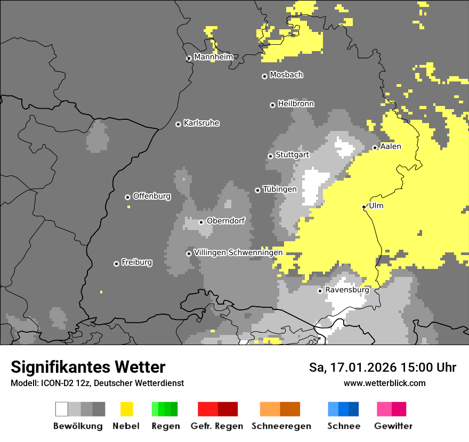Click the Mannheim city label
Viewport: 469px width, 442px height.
pos(213,57)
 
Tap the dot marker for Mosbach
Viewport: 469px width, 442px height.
pos(264,76)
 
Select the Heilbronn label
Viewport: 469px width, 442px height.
pos(296,104)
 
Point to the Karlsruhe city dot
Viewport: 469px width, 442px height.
pos(178,124)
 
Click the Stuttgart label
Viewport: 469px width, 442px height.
pos(292,155)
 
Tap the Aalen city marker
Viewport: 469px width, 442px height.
pos(375,148)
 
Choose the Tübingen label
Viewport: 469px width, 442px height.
pos(279,189)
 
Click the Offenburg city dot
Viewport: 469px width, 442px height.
pos(127,197)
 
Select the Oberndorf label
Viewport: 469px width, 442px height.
pos(225,221)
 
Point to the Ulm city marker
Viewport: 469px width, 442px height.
pos(363,207)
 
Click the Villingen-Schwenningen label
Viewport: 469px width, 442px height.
pos(238,252)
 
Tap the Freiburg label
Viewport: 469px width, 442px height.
pos(136,263)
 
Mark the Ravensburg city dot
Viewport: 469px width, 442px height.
pos(320,291)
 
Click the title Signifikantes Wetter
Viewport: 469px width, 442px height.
pos(88,367)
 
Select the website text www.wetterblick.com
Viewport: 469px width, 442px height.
pos(384,383)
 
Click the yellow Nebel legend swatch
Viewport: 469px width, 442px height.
pos(126,409)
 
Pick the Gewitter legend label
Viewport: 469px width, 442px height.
pos(393,426)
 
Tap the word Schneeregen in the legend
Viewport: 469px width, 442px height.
pos(281,426)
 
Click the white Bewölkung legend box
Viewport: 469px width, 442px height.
pos(62,409)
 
